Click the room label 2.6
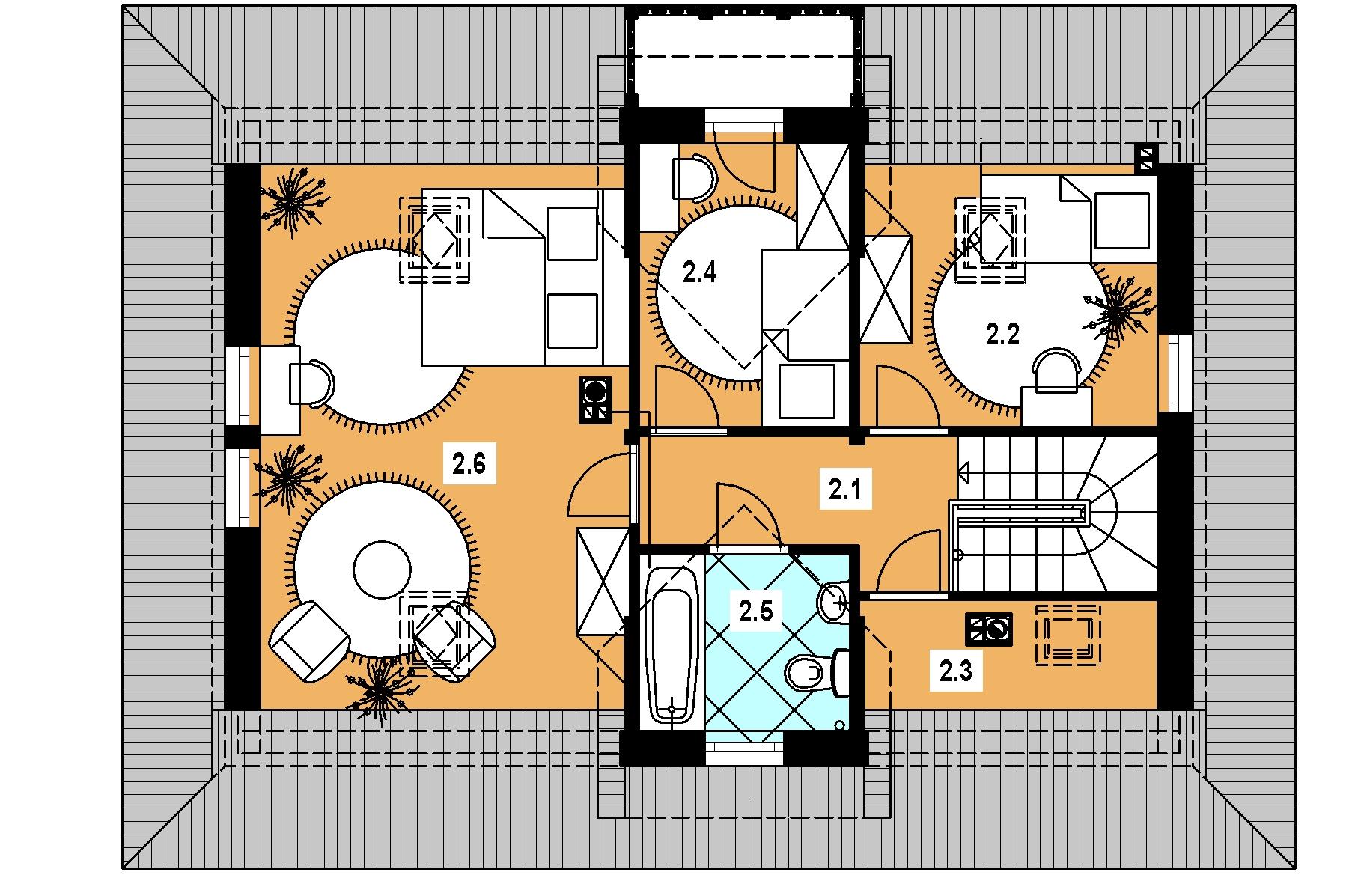469,464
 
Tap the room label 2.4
700,272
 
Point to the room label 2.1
845,490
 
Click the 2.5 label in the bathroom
755,612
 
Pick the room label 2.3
956,671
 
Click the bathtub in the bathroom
672,644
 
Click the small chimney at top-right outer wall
1145,158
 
